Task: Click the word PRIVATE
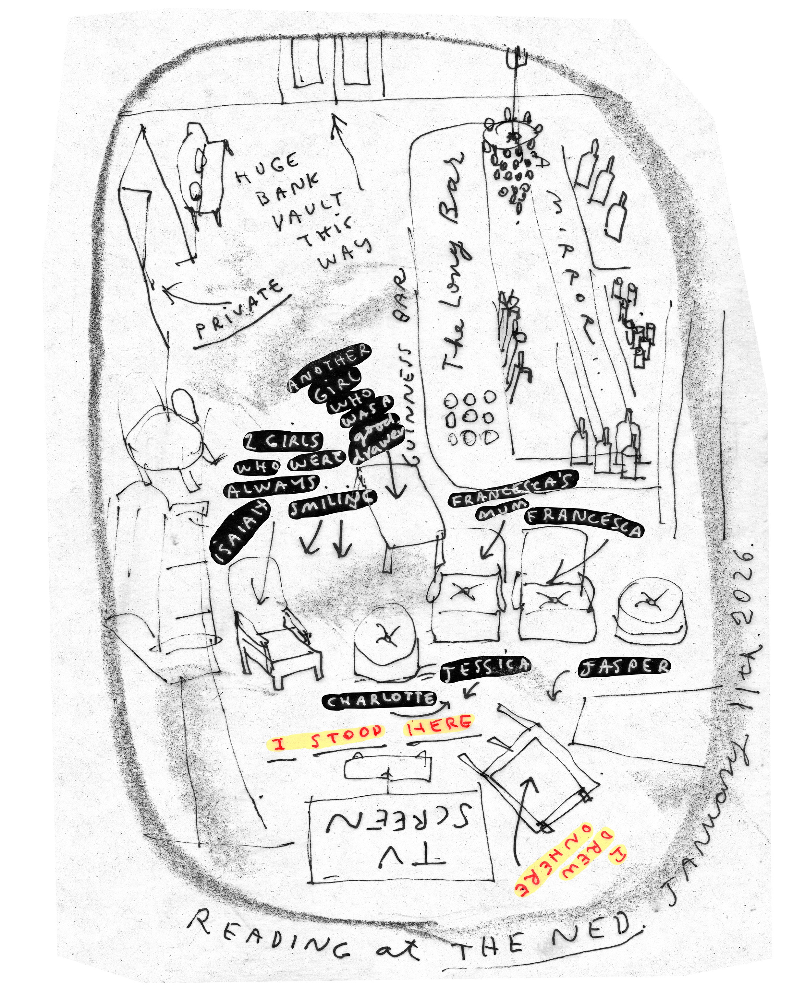point(239,309)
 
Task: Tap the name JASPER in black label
point(624,667)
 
